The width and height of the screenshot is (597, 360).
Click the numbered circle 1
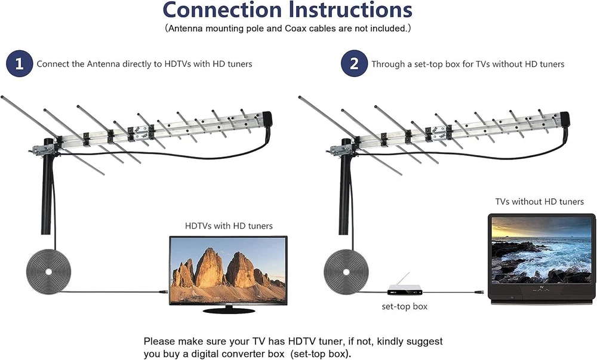click(x=19, y=64)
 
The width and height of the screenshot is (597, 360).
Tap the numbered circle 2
click(x=354, y=64)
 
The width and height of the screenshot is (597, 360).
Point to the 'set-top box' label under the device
click(x=405, y=307)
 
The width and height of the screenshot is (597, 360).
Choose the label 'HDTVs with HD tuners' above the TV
click(x=229, y=226)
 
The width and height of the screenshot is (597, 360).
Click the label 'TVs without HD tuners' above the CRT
click(x=539, y=202)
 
